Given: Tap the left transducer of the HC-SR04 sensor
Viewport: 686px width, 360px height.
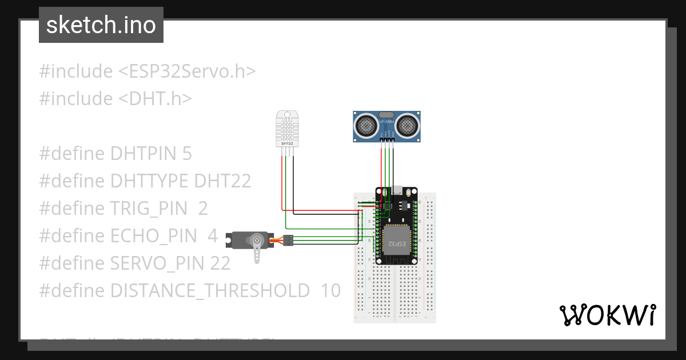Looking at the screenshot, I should tap(365, 124).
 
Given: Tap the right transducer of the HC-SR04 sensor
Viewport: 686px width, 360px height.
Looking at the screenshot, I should tap(408, 124).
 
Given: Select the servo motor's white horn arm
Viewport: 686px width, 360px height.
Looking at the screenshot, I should tap(258, 250).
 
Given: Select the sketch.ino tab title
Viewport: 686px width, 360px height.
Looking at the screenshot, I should tap(101, 25).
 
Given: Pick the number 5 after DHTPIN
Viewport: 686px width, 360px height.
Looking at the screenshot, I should tap(186, 154).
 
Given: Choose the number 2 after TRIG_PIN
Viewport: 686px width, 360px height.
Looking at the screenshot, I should tap(203, 209).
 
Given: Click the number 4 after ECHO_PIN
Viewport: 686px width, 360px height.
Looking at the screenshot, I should tap(213, 236).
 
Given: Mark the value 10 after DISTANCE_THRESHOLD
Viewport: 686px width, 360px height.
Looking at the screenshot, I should tap(330, 291).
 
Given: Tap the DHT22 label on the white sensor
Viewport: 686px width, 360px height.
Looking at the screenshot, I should tap(287, 143).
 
